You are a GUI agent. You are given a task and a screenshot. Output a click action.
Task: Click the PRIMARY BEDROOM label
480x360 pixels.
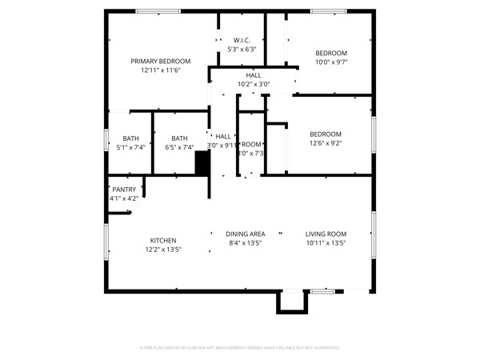[x=161, y=62]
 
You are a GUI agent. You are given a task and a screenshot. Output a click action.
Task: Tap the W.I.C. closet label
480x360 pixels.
[x=242, y=40]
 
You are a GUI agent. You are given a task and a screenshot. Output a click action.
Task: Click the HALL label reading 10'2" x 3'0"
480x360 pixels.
[x=254, y=75]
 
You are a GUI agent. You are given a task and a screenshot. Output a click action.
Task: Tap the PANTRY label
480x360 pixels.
[x=123, y=190]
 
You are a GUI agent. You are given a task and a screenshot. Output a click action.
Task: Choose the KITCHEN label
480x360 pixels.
[x=163, y=241]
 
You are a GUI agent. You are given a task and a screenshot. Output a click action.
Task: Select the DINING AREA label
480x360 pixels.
[x=246, y=234]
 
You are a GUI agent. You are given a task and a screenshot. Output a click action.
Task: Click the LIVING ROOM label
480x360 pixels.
[x=326, y=234]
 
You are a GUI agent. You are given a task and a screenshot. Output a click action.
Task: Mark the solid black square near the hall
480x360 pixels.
[x=202, y=162]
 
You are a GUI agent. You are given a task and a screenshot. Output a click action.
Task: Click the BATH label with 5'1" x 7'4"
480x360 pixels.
[x=130, y=138]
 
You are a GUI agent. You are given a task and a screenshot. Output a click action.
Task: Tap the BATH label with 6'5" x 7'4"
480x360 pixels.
[x=179, y=138]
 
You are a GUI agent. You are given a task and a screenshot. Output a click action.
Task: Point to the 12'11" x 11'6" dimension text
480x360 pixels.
[x=161, y=70]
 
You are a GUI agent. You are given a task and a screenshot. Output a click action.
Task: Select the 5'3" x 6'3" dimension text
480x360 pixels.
[x=242, y=50]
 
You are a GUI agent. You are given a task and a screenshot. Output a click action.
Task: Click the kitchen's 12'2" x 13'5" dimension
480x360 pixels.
[x=163, y=250]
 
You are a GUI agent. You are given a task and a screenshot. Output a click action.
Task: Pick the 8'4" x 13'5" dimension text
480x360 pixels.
[x=246, y=242]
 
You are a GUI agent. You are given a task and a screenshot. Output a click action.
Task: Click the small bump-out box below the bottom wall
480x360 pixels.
[x=291, y=302]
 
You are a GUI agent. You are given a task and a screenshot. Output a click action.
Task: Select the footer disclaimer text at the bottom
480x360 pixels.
[x=240, y=348]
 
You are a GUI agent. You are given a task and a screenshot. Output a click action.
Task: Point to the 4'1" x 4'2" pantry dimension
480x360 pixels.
[x=123, y=198]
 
